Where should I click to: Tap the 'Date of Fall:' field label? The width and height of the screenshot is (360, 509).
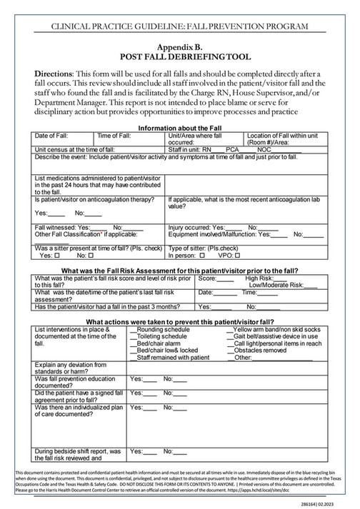click(x=51, y=136)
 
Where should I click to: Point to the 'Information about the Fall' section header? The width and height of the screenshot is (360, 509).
click(x=180, y=128)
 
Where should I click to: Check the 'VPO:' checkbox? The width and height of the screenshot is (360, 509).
click(x=247, y=255)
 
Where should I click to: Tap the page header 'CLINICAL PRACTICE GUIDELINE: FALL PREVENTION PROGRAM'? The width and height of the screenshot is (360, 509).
click(x=180, y=26)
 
